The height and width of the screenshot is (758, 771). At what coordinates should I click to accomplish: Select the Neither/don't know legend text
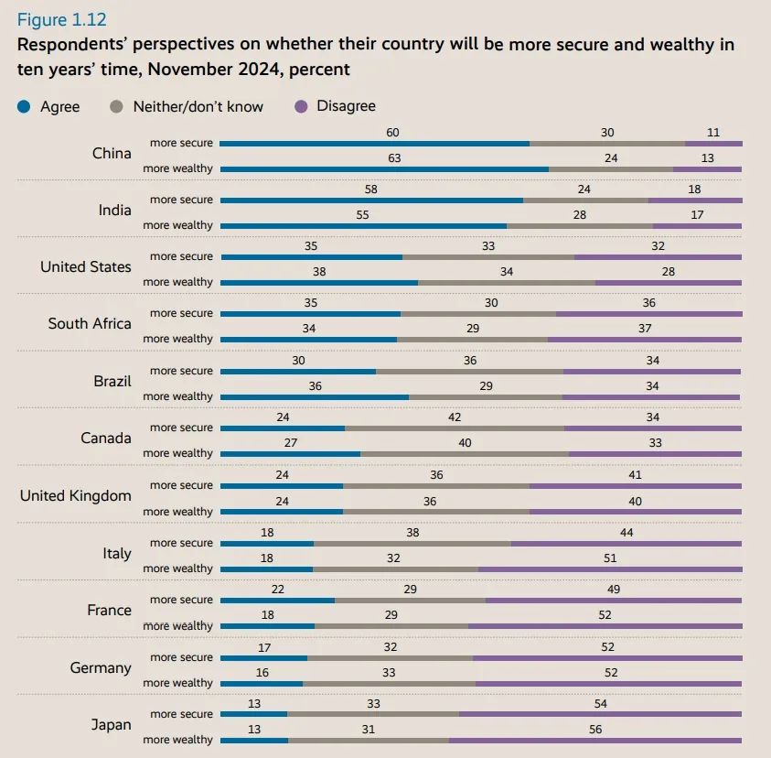198,107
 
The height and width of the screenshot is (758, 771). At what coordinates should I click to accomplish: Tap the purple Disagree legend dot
300,107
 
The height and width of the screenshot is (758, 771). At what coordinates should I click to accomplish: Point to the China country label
112,153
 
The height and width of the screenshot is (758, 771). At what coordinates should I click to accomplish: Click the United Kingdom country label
76,495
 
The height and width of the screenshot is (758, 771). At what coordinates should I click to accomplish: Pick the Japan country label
111,724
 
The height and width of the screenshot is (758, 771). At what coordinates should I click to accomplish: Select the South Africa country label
90,323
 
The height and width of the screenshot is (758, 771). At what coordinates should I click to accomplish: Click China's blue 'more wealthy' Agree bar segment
384,168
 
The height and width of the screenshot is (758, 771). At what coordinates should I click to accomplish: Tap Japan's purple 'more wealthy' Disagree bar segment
594,740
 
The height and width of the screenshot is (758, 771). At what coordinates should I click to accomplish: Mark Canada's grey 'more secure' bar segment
455,428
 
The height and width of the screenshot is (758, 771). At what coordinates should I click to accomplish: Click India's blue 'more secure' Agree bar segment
371,200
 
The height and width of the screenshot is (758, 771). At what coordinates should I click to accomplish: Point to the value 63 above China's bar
394,158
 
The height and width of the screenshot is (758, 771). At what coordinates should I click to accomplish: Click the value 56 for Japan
595,730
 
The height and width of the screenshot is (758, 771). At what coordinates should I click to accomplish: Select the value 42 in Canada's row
455,417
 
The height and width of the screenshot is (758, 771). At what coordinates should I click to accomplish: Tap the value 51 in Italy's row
610,558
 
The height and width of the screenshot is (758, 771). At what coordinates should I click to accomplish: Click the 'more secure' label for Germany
181,657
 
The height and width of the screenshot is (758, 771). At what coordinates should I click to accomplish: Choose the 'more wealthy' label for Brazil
177,396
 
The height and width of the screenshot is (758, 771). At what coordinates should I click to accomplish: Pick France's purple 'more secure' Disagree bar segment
614,600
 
